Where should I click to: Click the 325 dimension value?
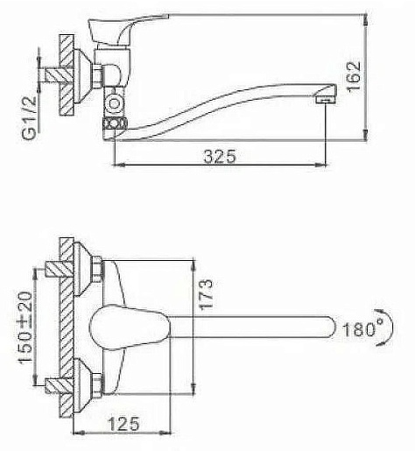pyautogui.click(x=220, y=156)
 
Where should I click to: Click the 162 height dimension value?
pyautogui.click(x=355, y=77)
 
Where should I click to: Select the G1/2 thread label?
pyautogui.click(x=30, y=118)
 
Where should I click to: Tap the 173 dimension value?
pyautogui.click(x=206, y=294)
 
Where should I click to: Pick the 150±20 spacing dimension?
pyautogui.click(x=26, y=328)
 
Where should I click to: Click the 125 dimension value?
pyautogui.click(x=123, y=424)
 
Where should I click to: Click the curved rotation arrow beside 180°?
pyautogui.click(x=388, y=328)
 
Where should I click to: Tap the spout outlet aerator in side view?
pyautogui.click(x=326, y=99)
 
